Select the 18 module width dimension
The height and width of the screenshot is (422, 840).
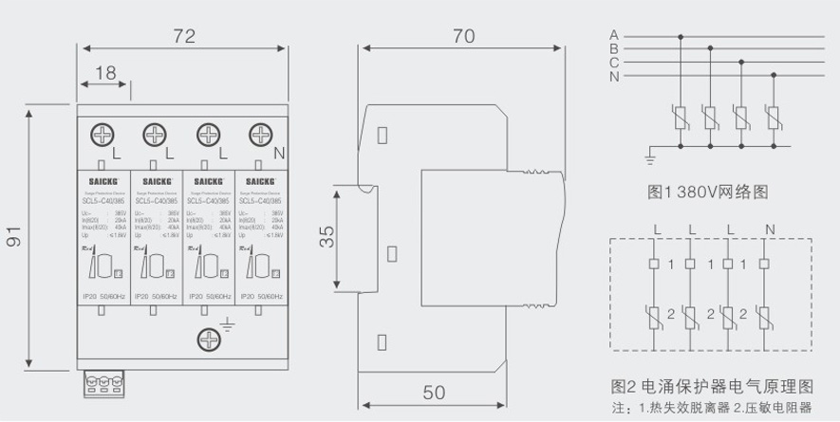(104, 73)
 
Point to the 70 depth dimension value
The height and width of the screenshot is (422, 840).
(464, 37)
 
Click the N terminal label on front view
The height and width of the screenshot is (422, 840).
(279, 152)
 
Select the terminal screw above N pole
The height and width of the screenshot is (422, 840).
(258, 135)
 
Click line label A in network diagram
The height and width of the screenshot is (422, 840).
(614, 36)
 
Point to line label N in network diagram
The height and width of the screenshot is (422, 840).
(614, 76)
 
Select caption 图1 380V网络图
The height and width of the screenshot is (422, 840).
(707, 192)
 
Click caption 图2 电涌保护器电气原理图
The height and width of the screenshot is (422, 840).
(712, 387)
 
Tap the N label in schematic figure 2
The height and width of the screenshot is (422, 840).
(769, 229)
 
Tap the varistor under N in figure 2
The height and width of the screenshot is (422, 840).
(769, 314)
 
